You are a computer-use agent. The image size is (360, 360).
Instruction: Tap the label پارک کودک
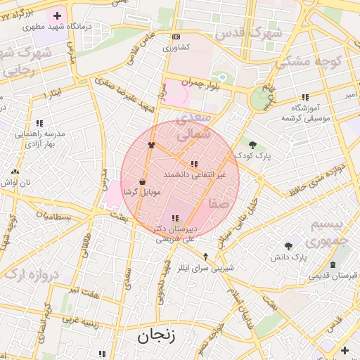coord(254,155)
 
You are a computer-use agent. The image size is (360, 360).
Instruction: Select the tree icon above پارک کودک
coord(252,145)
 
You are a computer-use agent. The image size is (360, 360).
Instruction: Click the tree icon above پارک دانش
coord(289,246)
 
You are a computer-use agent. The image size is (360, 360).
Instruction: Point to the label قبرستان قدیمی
coord(334,275)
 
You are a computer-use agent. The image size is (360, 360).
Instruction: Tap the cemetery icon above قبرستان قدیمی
coord(333,264)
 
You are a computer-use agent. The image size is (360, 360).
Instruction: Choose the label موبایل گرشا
coord(142,191)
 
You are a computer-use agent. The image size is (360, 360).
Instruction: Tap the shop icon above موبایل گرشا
coord(143,181)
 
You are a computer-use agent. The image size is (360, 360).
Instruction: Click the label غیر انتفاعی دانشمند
coord(194,173)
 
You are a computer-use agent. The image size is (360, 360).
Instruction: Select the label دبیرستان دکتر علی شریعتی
coord(175,233)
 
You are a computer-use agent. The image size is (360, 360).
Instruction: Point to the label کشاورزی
coord(176,48)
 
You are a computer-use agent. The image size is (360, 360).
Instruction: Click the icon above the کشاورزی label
coord(175,37)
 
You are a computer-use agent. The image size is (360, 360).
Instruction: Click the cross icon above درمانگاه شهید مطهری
coord(57,15)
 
